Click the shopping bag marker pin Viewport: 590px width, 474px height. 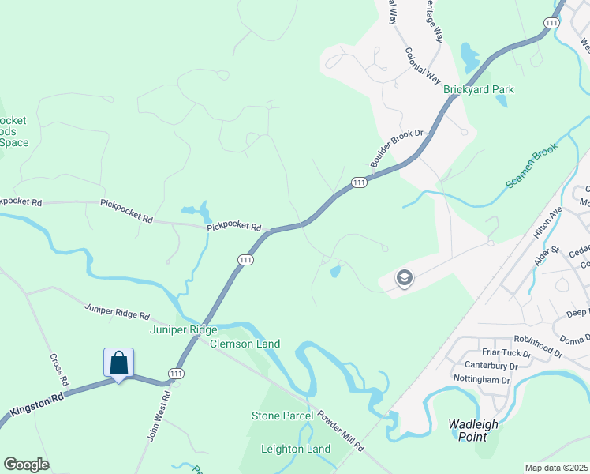(118, 363)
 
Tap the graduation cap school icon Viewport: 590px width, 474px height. (405, 278)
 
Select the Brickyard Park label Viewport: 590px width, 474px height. (478, 89)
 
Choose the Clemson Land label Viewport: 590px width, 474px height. (245, 344)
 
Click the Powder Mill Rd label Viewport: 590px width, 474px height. (340, 431)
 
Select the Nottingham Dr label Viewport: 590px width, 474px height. (482, 379)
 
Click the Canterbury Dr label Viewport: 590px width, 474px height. (490, 366)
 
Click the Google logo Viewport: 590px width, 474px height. (26, 465)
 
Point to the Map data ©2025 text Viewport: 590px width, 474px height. (556, 468)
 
